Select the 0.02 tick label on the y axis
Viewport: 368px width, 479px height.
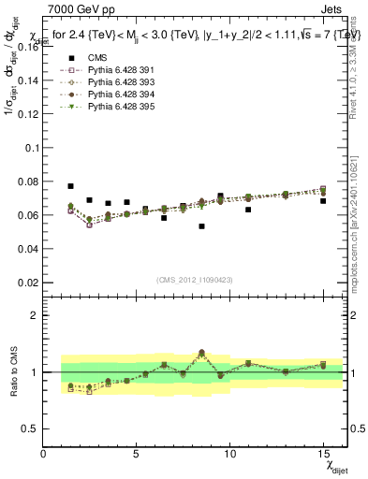26,282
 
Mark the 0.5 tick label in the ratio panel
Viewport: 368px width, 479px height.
31,428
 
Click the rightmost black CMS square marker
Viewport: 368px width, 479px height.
323,201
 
